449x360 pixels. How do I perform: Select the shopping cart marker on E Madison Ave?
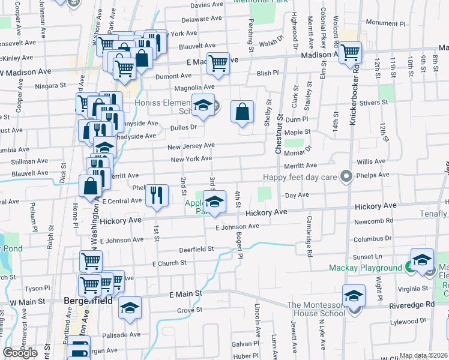[218, 62]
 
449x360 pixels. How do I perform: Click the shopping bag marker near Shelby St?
[242, 112]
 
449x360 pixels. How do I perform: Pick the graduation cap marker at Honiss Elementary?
[203, 106]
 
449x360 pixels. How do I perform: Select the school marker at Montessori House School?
[354, 296]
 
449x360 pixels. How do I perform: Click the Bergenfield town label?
[85, 299]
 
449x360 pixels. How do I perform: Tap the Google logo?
[20, 353]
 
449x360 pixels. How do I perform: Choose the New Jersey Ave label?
[190, 146]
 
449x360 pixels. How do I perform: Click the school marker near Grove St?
[130, 308]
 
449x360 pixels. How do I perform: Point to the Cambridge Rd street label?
[310, 236]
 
